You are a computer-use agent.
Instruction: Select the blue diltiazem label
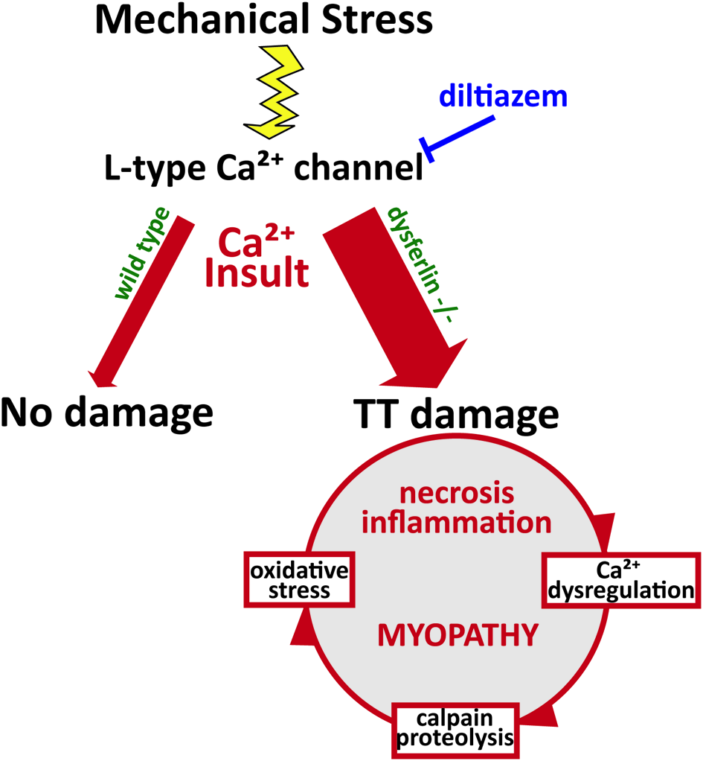(x=503, y=96)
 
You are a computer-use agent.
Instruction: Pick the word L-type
(x=145, y=170)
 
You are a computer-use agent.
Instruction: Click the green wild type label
(x=143, y=252)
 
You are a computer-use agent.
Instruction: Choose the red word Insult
(x=257, y=273)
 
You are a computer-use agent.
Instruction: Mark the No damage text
(x=106, y=411)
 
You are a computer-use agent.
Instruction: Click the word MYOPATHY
(x=457, y=635)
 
